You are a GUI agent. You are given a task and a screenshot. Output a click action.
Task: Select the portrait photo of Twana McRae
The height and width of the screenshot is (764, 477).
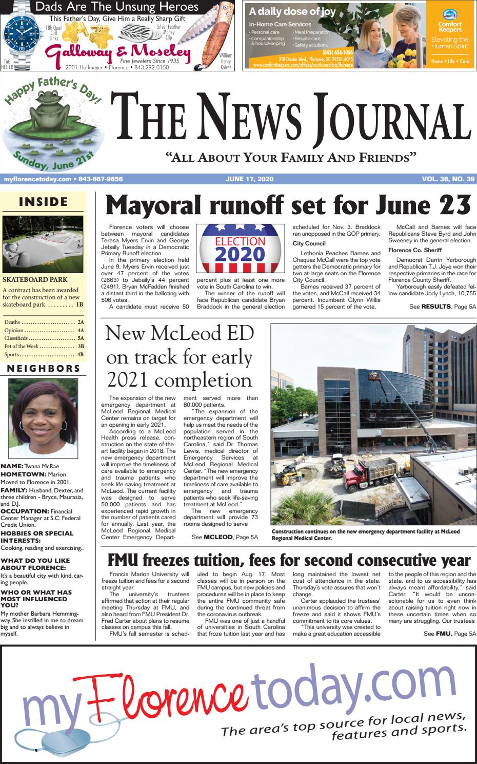coord(43,418)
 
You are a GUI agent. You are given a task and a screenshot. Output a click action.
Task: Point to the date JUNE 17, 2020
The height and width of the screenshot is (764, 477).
coord(249,179)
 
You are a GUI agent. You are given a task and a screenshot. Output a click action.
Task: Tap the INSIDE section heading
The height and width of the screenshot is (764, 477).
coord(43,202)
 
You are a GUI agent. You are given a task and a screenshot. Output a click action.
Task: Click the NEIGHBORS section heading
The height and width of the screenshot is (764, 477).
coord(43,369)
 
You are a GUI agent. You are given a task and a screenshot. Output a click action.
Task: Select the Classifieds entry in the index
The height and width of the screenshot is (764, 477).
coord(43,338)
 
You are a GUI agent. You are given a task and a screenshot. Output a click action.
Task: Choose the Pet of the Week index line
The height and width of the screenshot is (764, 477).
coord(43,347)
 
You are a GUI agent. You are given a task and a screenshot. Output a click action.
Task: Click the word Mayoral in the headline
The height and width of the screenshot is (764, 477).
coord(154,205)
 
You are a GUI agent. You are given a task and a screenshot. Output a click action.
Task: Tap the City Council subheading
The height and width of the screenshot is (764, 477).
coord(309,243)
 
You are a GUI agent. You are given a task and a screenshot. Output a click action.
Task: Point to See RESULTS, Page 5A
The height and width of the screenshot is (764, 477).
coord(443,307)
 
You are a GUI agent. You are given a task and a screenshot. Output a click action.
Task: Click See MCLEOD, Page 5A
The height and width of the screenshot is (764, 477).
coord(224,537)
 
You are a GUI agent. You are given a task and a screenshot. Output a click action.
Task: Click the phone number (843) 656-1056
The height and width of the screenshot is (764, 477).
coord(337,52)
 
